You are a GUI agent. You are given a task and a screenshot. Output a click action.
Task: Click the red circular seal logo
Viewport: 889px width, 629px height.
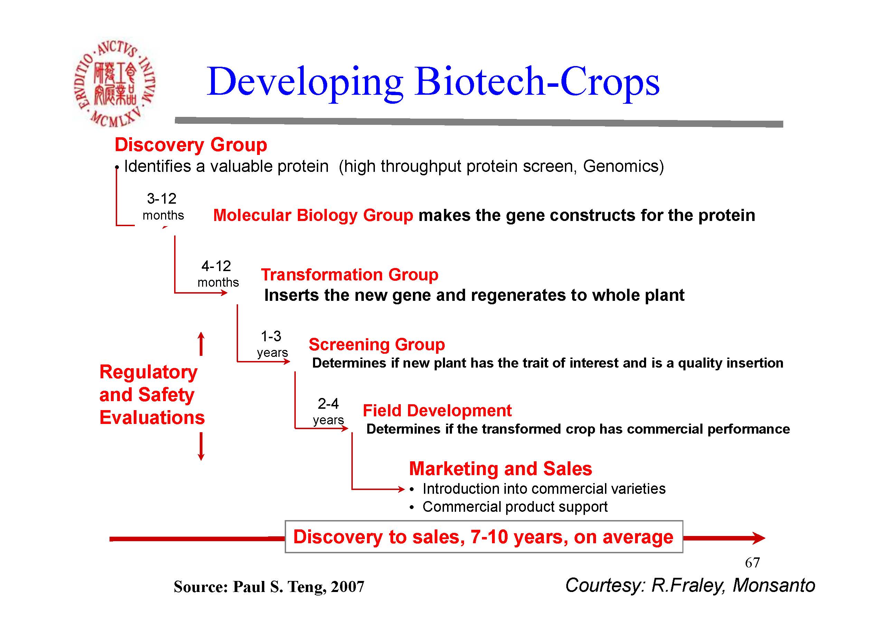[115, 83]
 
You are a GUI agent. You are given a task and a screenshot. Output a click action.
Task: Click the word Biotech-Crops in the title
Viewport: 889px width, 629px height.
[537, 82]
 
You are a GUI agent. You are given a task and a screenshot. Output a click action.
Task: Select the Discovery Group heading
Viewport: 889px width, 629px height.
[191, 145]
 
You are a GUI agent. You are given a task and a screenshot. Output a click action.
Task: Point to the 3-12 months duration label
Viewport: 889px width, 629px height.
[163, 207]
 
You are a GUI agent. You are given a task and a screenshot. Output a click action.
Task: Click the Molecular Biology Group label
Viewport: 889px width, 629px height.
[313, 215]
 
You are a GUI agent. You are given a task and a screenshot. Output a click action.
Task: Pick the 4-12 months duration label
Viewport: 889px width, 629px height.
[218, 274]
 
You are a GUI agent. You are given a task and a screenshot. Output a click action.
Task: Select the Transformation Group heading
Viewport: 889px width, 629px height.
[350, 275]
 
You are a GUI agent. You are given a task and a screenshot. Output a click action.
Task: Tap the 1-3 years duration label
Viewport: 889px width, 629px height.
[272, 344]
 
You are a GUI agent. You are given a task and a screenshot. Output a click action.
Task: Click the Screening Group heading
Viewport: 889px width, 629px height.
[377, 344]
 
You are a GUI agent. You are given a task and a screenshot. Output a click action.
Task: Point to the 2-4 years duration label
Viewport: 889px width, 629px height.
[328, 411]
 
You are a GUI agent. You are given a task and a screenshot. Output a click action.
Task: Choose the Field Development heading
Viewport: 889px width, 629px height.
[437, 410]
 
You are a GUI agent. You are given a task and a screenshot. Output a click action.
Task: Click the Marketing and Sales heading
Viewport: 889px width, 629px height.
[501, 469]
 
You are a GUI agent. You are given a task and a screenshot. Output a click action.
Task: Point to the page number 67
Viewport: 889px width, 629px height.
[752, 563]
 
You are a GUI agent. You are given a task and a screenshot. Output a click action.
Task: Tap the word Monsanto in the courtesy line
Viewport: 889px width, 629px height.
[774, 585]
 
